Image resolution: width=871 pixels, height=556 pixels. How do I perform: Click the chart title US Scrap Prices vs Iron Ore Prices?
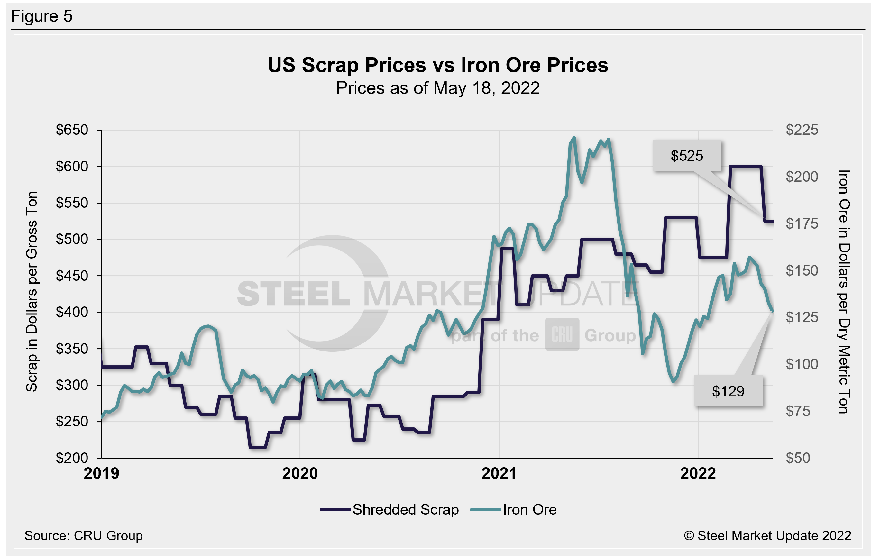(x=438, y=66)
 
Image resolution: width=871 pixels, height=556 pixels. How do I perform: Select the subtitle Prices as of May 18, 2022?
(x=438, y=88)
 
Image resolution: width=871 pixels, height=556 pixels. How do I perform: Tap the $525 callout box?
(x=686, y=156)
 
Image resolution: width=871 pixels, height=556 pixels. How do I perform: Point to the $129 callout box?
(x=728, y=391)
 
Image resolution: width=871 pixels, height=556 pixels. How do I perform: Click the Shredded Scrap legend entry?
(x=390, y=510)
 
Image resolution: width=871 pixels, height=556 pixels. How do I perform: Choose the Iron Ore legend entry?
(x=514, y=510)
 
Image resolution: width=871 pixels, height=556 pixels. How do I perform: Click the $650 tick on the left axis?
(x=72, y=130)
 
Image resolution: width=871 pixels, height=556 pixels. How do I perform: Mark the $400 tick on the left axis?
(x=72, y=312)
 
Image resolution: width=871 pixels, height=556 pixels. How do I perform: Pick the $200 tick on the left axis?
(x=72, y=458)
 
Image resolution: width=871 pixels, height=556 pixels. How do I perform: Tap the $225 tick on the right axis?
(x=802, y=130)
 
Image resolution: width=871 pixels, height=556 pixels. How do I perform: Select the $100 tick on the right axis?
(x=802, y=364)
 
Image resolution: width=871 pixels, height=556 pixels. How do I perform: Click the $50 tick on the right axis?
(x=798, y=458)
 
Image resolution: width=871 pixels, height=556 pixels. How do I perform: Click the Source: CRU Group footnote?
(x=84, y=536)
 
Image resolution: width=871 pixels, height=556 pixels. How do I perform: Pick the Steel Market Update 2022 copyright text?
(x=767, y=536)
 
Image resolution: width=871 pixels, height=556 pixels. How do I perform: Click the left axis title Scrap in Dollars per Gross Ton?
(x=32, y=291)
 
